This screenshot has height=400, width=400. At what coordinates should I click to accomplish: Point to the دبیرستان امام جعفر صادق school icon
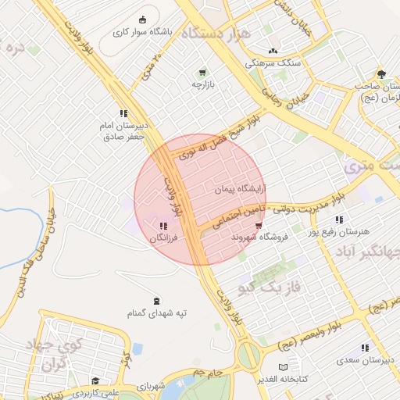click(123, 113)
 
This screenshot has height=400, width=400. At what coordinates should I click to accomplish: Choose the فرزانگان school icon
click(162, 226)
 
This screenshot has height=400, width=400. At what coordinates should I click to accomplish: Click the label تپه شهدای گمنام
click(157, 313)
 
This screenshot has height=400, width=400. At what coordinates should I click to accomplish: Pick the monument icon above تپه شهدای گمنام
click(157, 302)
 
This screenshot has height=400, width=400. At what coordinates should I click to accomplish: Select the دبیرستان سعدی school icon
click(364, 348)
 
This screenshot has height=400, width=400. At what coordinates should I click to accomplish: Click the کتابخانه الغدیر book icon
click(284, 366)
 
